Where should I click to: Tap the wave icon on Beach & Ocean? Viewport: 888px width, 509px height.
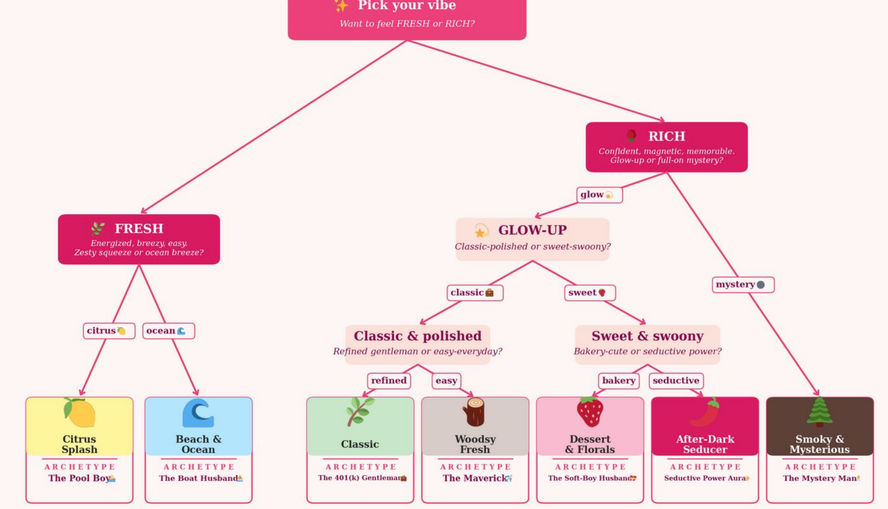(x=198, y=413)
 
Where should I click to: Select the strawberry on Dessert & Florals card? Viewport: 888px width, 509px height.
(x=590, y=411)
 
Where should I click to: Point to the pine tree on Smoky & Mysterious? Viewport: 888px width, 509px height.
(x=820, y=411)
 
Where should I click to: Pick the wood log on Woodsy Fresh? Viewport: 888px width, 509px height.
(x=475, y=412)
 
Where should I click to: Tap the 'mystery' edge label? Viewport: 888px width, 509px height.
(x=742, y=284)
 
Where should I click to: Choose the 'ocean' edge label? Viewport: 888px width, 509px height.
(x=168, y=331)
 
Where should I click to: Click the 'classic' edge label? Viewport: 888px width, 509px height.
(x=475, y=293)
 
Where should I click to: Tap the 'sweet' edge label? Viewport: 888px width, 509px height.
(x=590, y=293)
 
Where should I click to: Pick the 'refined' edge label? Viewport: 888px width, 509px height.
(x=389, y=380)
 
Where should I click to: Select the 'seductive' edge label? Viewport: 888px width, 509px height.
(x=676, y=380)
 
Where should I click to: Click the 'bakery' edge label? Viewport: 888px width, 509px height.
(x=618, y=380)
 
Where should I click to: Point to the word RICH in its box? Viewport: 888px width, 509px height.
(x=667, y=136)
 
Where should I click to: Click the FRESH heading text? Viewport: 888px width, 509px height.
(x=139, y=229)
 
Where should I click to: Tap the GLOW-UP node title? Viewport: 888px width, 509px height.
(x=532, y=230)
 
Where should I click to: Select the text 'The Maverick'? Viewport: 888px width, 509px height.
(x=474, y=478)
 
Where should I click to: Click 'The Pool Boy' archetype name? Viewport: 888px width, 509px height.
(x=79, y=478)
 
